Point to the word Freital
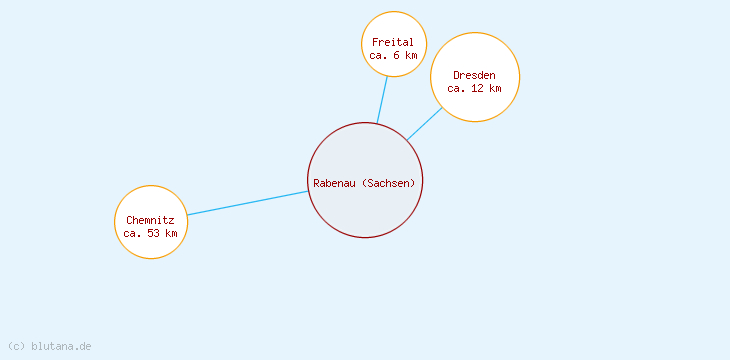point(392,43)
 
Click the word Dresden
point(474,75)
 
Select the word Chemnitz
point(151,220)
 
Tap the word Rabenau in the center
point(334,183)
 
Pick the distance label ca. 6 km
point(392,56)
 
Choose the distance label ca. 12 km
point(474,88)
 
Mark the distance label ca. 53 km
point(151,233)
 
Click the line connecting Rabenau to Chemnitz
point(247,202)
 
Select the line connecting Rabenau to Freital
point(382,100)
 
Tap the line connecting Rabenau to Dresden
point(424,124)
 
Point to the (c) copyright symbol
point(16,346)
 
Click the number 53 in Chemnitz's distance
point(153,233)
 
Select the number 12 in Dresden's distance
point(477,88)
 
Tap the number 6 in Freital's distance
point(397,56)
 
